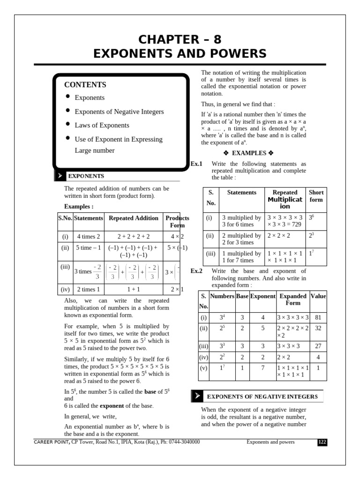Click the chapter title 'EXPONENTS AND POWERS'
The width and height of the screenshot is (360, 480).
pyautogui.click(x=180, y=53)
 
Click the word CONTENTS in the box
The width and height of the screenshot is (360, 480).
pyautogui.click(x=85, y=85)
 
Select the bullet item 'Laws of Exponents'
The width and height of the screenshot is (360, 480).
pyautogui.click(x=102, y=125)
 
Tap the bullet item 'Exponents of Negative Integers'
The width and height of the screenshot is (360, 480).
pyautogui.click(x=119, y=112)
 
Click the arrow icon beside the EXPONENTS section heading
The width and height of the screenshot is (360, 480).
pyautogui.click(x=60, y=176)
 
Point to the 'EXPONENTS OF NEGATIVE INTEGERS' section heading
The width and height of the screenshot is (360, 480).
pyautogui.click(x=262, y=397)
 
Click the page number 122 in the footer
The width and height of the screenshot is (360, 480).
pyautogui.click(x=322, y=442)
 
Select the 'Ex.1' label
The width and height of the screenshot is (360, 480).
pyautogui.click(x=196, y=164)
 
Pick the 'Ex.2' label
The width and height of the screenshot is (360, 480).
pyautogui.click(x=196, y=271)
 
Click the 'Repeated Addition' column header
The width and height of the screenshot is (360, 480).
pyautogui.click(x=134, y=218)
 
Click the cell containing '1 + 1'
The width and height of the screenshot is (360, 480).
pyautogui.click(x=134, y=289)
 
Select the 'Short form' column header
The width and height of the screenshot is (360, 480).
pyautogui.click(x=316, y=196)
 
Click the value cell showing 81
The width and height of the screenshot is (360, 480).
pyautogui.click(x=318, y=317)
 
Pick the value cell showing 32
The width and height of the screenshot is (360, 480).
pyautogui.click(x=318, y=329)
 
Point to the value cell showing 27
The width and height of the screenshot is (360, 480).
pyautogui.click(x=318, y=346)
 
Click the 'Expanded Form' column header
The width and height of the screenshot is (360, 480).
pyautogui.click(x=292, y=300)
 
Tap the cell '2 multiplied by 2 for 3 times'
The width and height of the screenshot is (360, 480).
pyautogui.click(x=241, y=239)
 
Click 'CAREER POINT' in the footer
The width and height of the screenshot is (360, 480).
pyautogui.click(x=52, y=442)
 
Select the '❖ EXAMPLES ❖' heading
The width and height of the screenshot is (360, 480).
pyautogui.click(x=248, y=153)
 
